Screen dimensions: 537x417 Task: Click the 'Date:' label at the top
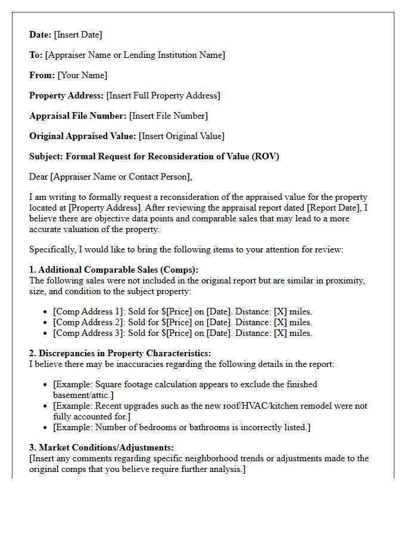[41, 35]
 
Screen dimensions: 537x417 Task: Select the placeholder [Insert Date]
[78, 35]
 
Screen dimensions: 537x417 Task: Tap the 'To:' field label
[36, 55]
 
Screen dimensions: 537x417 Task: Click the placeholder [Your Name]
[82, 75]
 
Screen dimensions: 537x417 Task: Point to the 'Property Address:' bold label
[66, 95]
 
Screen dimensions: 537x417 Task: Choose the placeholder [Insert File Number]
[169, 116]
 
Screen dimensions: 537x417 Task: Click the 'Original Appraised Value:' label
[83, 136]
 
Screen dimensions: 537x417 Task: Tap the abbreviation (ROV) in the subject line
[265, 156]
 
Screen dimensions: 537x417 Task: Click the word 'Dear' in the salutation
[39, 177]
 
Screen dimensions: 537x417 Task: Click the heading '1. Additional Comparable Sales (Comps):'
[114, 270]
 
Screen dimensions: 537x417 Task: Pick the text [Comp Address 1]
[89, 311]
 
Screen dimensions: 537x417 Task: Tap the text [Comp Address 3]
[89, 333]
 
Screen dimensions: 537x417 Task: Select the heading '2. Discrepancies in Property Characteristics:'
[120, 353]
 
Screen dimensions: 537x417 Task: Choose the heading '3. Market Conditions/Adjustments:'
[101, 447]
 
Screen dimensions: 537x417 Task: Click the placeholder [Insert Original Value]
[182, 136]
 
